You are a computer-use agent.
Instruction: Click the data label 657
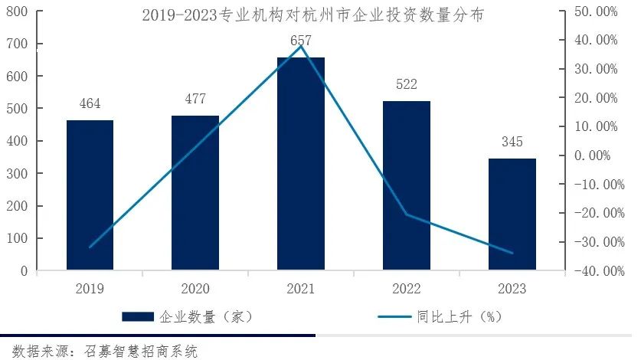point(301,40)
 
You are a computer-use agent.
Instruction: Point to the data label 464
point(90,104)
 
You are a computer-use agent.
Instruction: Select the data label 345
point(512,142)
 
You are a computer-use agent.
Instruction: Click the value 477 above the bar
point(195,99)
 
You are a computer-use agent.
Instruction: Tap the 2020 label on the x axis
point(195,289)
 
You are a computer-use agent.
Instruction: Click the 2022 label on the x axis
point(407,289)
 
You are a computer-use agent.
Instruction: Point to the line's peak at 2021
point(301,46)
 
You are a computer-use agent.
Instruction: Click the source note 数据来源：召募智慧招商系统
point(100,352)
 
